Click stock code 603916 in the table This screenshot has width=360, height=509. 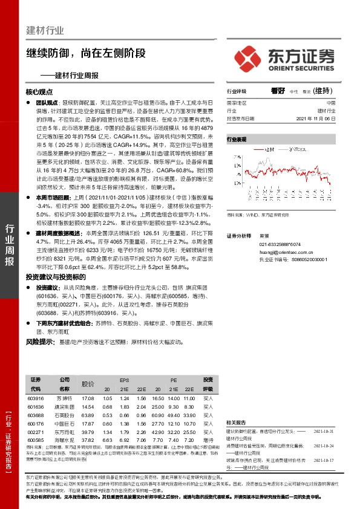point(36,398)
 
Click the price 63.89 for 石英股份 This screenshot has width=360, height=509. point(88,415)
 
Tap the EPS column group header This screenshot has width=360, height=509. point(125,379)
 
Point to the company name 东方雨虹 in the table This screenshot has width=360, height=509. point(64,432)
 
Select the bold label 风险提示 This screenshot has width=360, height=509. point(39,342)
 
